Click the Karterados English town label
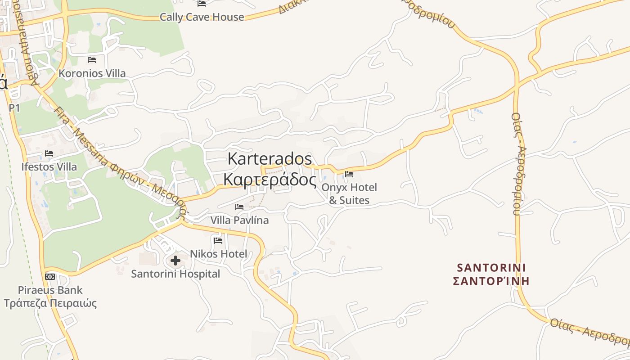coord(270,159)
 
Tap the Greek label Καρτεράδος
coord(270,179)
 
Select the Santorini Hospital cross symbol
coord(175,260)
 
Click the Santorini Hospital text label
coord(175,274)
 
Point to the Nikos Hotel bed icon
coord(218,240)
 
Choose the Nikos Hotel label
coord(219,254)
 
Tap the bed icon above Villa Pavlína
coord(239,207)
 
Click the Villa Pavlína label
coord(239,220)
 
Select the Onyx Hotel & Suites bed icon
coord(349,174)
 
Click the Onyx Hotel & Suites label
coord(349,194)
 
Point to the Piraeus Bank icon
coord(49,276)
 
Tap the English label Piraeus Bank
coord(50,290)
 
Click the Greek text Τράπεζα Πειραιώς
coord(50,303)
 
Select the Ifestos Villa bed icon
coord(49,153)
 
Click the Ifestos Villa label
coord(49,166)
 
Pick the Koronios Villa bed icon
coord(92,59)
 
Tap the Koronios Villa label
coord(92,73)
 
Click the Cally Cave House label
coord(202,17)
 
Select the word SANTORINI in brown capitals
coord(491,268)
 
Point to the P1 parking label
coord(14,108)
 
